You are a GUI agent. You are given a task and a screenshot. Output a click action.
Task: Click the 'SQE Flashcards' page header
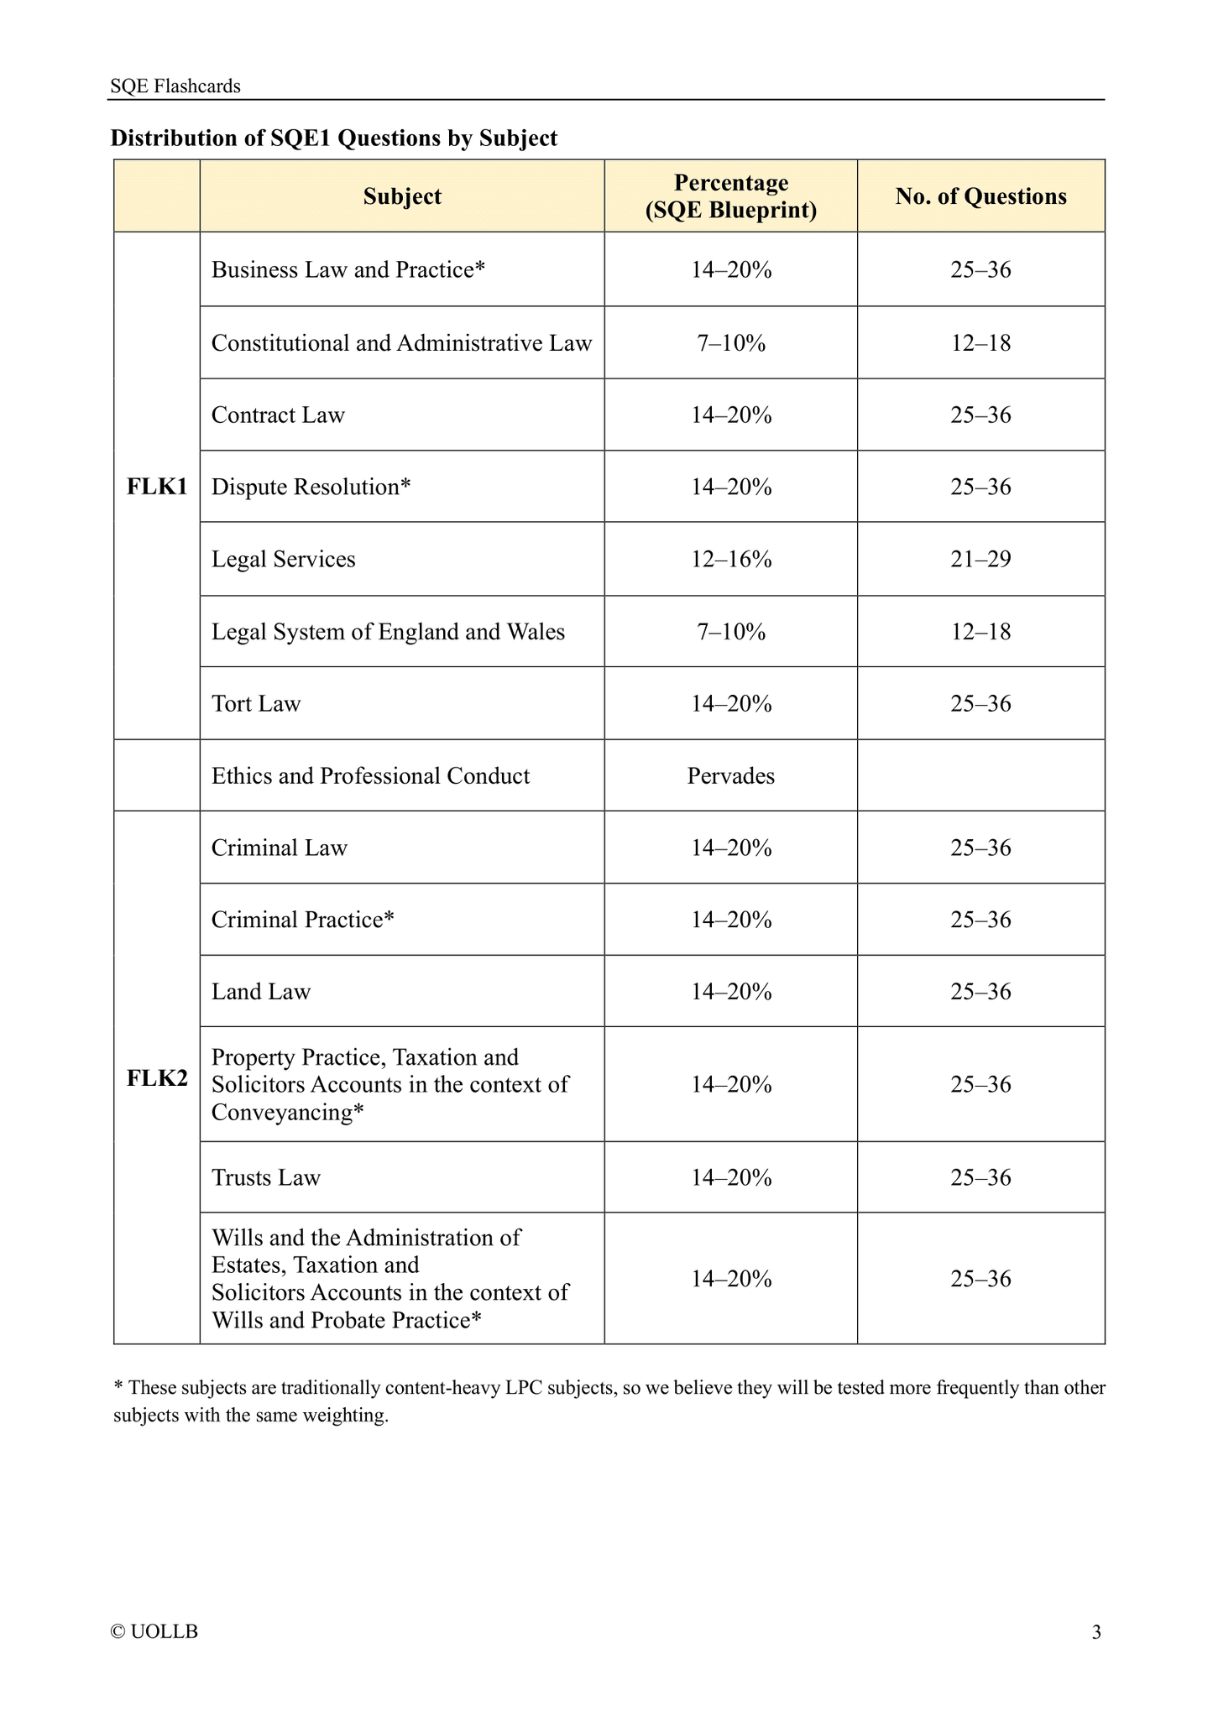[175, 86]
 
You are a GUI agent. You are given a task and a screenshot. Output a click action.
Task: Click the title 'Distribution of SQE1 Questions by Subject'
[334, 138]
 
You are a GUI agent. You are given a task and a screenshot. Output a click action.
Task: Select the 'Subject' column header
[402, 196]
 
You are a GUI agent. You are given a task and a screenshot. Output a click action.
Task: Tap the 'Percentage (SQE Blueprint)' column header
[730, 196]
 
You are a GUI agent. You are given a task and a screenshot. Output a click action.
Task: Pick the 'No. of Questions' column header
[980, 196]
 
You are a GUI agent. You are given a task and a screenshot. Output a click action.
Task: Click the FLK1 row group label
[157, 487]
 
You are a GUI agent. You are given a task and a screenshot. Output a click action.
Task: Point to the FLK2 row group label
[157, 1077]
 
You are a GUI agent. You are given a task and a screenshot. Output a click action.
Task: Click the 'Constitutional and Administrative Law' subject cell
[401, 343]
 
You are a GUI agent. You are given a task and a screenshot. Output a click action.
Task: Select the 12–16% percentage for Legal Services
[730, 560]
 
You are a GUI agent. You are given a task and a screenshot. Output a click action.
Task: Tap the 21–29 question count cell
[980, 560]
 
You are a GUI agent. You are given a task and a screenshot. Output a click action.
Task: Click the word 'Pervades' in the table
[730, 776]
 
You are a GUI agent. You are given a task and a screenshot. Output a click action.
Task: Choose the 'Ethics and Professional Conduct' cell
[370, 776]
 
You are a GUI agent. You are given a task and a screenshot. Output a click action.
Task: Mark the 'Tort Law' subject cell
[256, 704]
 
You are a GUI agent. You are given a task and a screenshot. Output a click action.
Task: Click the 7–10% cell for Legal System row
[730, 632]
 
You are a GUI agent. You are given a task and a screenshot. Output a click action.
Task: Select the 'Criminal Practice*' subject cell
[302, 921]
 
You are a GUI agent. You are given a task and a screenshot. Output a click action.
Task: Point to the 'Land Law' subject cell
[261, 993]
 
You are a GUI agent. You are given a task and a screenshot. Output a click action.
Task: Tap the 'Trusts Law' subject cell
[266, 1178]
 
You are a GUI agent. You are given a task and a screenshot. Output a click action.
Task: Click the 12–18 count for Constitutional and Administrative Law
[980, 343]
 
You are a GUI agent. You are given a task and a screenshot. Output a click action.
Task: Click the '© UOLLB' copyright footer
[154, 1632]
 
